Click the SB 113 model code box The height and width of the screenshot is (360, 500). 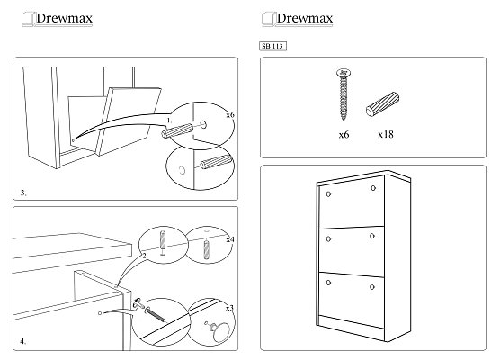pyautogui.click(x=272, y=46)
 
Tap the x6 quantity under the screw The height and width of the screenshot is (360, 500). pyautogui.click(x=344, y=135)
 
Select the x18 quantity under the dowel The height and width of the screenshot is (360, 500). pyautogui.click(x=386, y=135)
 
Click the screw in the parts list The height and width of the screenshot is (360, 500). pyautogui.click(x=344, y=94)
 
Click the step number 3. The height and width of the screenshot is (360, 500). pyautogui.click(x=23, y=193)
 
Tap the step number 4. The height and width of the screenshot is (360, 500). pyautogui.click(x=23, y=341)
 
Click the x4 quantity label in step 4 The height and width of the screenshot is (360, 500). pyautogui.click(x=230, y=239)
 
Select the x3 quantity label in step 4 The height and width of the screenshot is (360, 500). pyautogui.click(x=229, y=308)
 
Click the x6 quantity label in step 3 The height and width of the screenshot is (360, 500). pyautogui.click(x=230, y=115)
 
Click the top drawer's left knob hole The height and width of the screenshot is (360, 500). pyautogui.click(x=328, y=194)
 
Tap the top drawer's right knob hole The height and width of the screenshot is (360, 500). pyautogui.click(x=373, y=188)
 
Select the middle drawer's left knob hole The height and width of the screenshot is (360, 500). pyautogui.click(x=328, y=239)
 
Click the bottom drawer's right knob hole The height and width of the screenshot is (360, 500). pyautogui.click(x=372, y=287)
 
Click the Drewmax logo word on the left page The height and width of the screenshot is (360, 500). pyautogui.click(x=64, y=18)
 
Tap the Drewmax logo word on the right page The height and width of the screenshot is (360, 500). pyautogui.click(x=305, y=18)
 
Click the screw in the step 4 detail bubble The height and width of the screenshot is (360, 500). pyautogui.click(x=155, y=314)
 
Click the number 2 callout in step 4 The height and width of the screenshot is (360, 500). pyautogui.click(x=144, y=256)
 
